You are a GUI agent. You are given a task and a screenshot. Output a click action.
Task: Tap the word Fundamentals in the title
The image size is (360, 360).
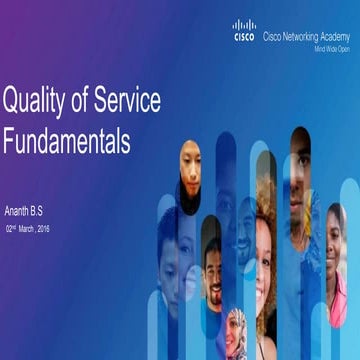coord(66,142)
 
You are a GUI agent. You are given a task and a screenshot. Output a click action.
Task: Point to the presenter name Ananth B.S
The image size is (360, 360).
coord(28,213)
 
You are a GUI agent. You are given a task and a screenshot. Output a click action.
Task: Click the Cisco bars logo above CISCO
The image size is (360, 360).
coord(244,25)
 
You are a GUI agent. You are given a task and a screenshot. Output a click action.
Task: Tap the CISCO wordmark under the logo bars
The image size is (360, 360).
coord(244,37)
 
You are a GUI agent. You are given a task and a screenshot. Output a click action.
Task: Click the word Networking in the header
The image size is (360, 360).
coord(303,36)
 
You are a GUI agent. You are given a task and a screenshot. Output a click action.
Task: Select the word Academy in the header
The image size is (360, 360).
coord(338,36)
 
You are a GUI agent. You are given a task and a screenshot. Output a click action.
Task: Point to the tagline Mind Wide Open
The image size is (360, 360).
coord(332,47)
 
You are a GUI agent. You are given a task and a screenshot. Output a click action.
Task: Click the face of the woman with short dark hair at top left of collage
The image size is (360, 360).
coord(189,165)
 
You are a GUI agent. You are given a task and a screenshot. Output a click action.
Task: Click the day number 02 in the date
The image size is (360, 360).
coord(10,229)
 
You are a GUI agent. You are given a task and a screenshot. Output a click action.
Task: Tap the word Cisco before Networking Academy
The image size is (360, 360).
coord(272,36)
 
